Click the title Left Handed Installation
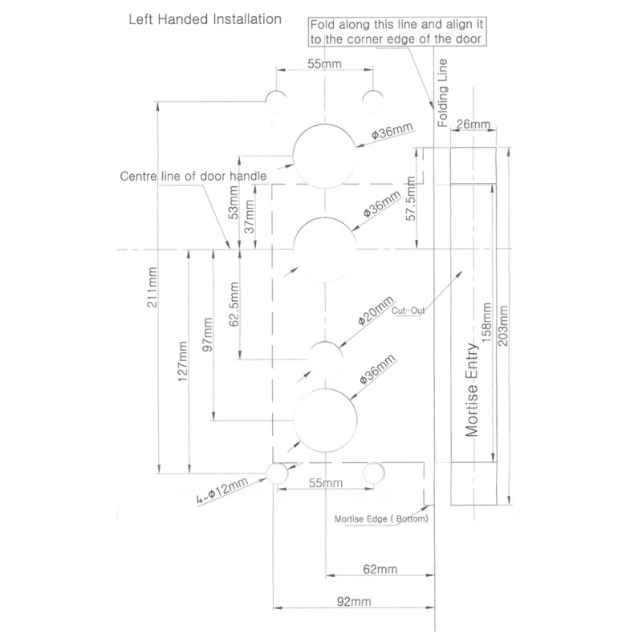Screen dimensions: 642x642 pos(205,18)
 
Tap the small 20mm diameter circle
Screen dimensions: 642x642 pos(325,356)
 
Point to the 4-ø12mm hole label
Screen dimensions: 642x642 pos(230,491)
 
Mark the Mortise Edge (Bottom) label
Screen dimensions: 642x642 pos(382,519)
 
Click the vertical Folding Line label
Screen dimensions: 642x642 pos(441,96)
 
